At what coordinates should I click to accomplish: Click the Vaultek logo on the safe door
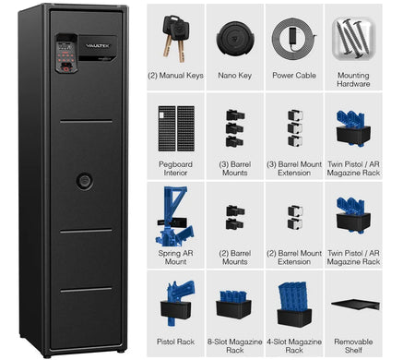point(98,46)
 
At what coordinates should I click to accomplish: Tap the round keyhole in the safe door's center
point(84,181)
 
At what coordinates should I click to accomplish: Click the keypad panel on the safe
point(66,53)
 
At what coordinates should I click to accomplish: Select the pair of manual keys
point(176,38)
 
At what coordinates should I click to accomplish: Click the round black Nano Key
point(235,39)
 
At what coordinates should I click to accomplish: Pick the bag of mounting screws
point(354,39)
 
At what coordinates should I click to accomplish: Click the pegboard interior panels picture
point(176,128)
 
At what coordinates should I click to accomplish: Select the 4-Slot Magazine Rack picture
point(294,305)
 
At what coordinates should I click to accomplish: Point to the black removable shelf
point(355,305)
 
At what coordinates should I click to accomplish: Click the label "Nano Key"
point(235,76)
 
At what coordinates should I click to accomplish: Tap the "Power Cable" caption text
point(294,76)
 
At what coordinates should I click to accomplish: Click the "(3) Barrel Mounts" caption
point(235,168)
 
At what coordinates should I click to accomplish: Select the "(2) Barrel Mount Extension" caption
point(294,258)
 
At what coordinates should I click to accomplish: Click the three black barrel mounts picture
point(235,128)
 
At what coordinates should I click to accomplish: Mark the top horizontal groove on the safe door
point(86,122)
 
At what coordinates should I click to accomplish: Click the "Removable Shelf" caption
point(353,346)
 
